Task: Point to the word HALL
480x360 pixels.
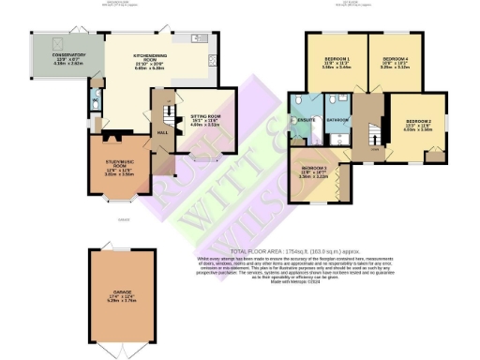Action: tap(161, 132)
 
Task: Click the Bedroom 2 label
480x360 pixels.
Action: tap(419, 126)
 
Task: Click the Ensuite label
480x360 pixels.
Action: tap(306, 120)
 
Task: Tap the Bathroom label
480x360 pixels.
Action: tap(337, 120)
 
